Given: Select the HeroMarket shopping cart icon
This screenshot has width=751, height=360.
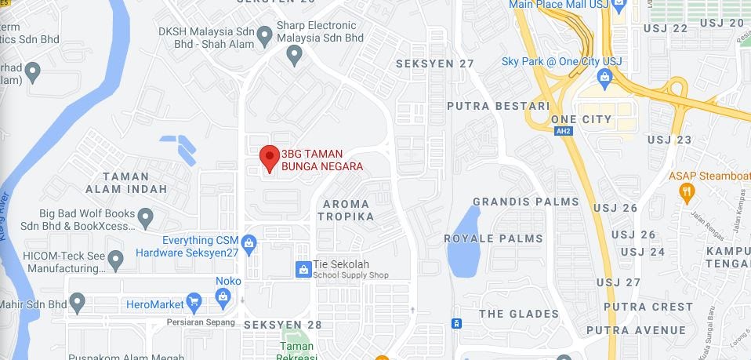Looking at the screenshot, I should click(x=195, y=302).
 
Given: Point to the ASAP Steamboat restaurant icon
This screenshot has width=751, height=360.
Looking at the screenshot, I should click(x=687, y=191).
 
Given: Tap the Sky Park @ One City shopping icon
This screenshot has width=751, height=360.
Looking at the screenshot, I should click(x=604, y=77).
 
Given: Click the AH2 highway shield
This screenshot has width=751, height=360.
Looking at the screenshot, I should click(x=563, y=131).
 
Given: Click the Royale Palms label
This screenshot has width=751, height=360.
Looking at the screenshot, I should click(x=493, y=238).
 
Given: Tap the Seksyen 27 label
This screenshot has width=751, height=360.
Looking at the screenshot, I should click(x=436, y=64).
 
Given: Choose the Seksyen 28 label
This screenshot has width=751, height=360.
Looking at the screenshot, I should click(x=282, y=324).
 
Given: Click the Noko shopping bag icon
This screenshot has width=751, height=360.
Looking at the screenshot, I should click(x=223, y=296).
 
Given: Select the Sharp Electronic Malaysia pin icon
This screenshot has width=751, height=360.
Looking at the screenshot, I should click(x=295, y=55).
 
